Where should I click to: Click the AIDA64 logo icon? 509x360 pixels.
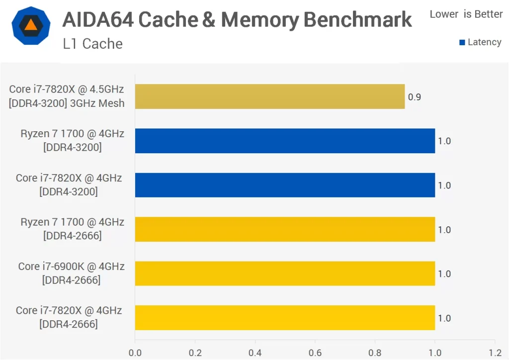coord(31,26)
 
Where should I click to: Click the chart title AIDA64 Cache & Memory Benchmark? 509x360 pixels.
coord(237,19)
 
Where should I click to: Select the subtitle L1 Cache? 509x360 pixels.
coord(92,44)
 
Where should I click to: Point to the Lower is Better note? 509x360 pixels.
coord(466,14)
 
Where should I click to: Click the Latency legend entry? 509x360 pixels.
coord(480,42)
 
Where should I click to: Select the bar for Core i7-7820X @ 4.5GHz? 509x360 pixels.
coord(269,96)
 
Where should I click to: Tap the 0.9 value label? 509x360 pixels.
coord(414,97)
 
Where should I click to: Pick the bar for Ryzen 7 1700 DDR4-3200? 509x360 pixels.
coord(285,141)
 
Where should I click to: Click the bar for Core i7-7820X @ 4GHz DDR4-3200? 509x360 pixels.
coord(285,185)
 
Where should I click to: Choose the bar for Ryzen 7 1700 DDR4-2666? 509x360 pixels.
coord(285,229)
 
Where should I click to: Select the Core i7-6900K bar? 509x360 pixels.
coord(285,273)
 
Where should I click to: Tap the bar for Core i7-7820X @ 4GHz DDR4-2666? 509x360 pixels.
coord(285,318)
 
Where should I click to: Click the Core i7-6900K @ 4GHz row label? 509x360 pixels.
coord(71,273)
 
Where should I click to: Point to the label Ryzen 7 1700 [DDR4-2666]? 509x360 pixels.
coord(72,229)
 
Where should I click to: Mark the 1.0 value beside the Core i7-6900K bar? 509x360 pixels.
coord(444,274)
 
